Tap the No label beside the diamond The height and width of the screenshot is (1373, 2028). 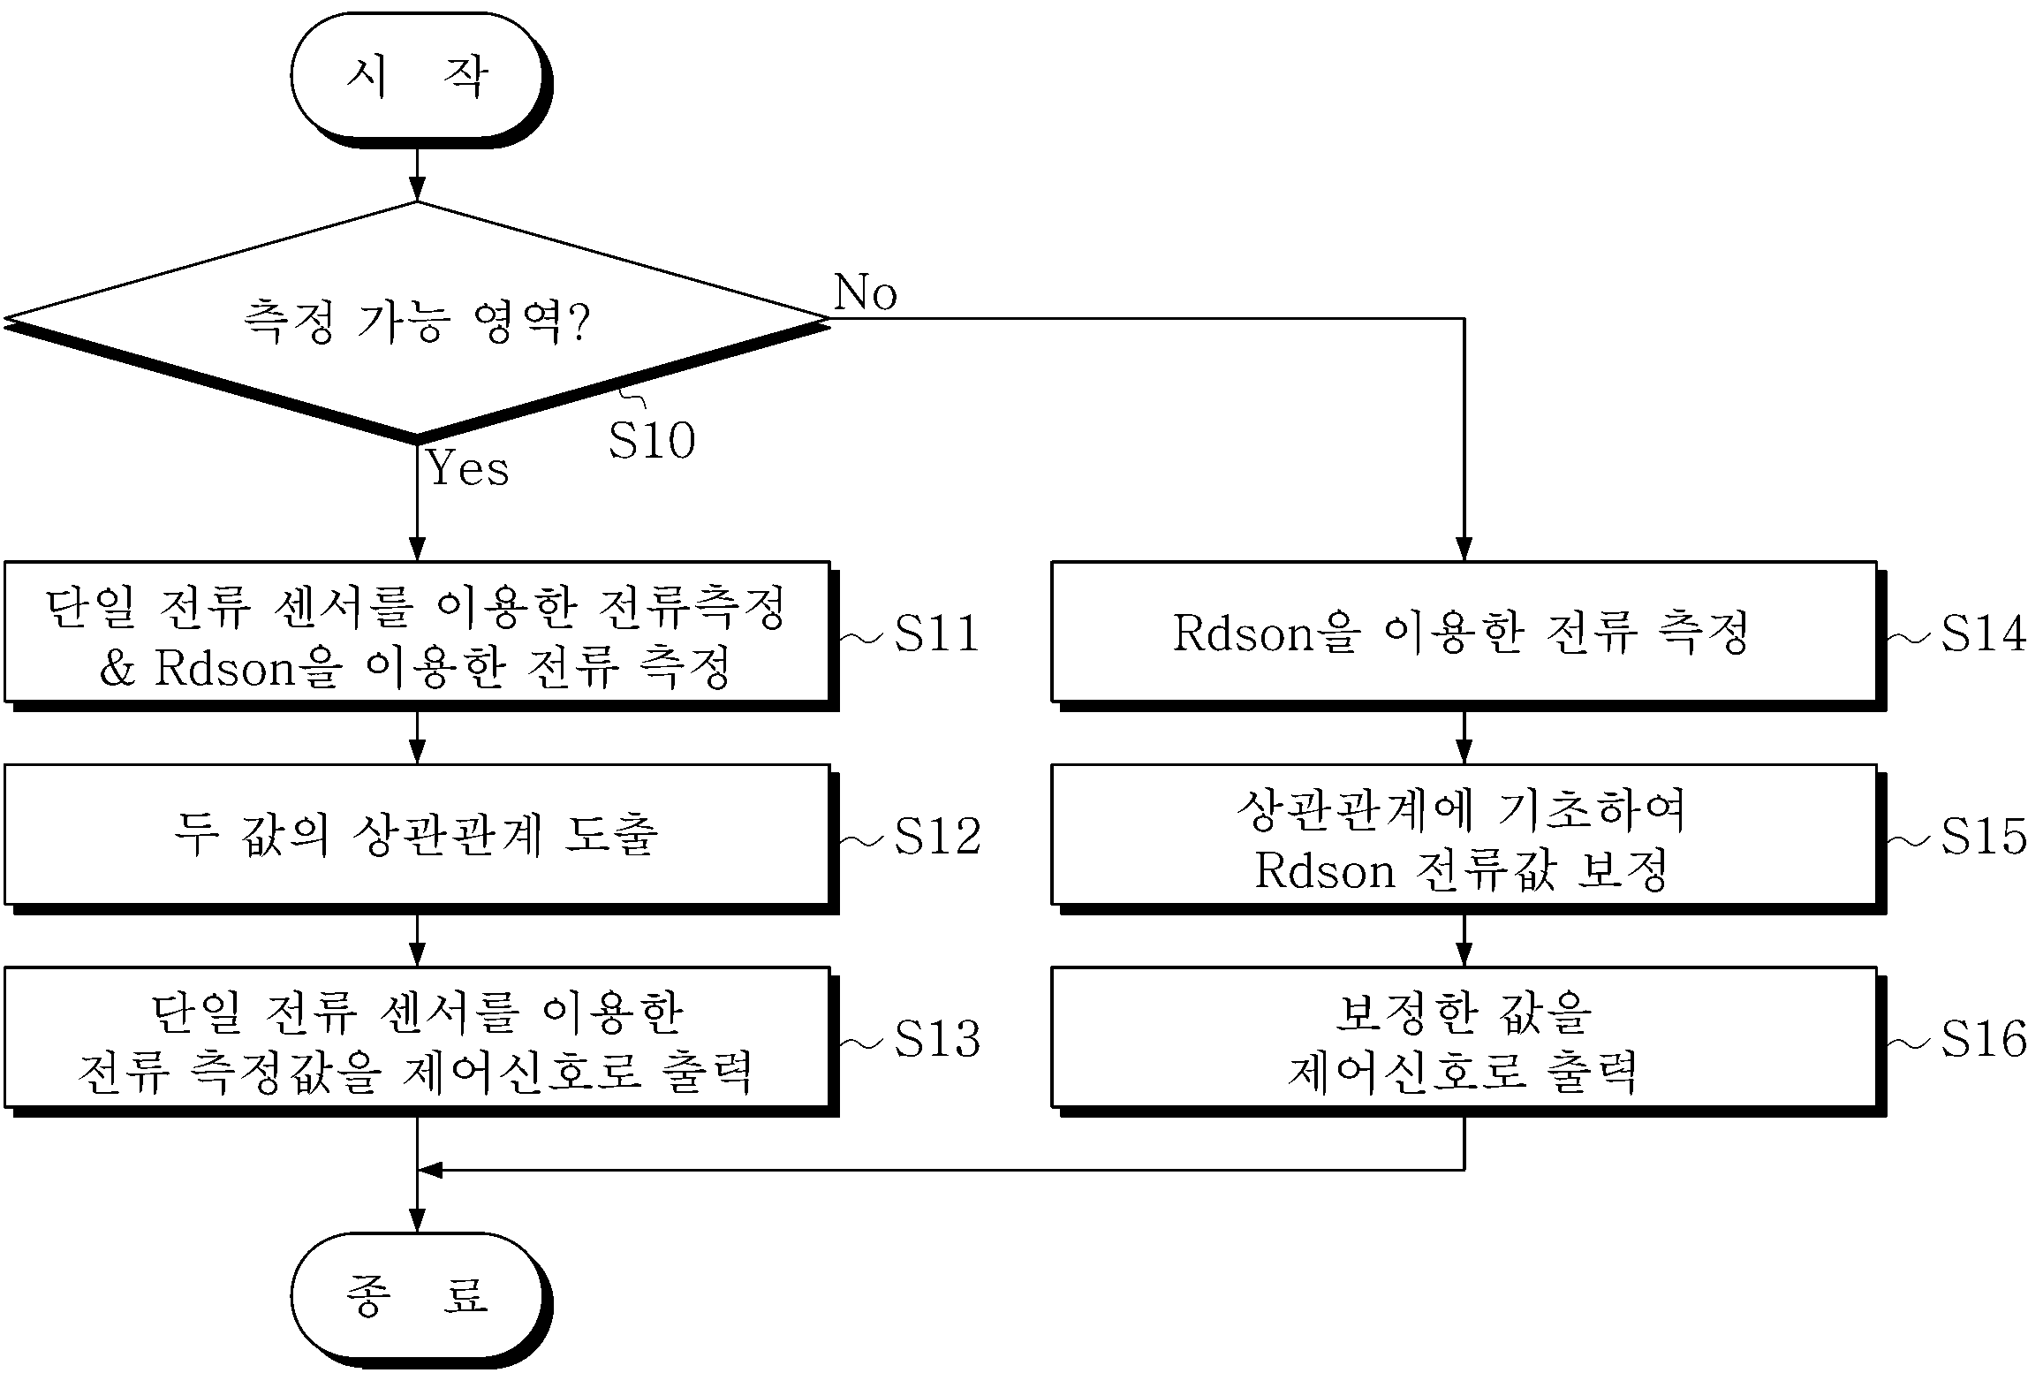coord(865,292)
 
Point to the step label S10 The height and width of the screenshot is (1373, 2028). coord(652,440)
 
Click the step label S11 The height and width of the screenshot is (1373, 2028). coord(937,633)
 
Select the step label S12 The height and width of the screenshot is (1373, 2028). coord(937,836)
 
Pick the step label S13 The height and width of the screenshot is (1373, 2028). coord(937,1039)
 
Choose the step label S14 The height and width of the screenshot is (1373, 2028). coord(1983,633)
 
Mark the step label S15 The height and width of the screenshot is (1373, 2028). coord(1983,836)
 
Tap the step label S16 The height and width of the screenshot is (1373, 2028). coord(1983,1039)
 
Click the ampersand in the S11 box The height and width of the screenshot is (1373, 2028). coord(117,669)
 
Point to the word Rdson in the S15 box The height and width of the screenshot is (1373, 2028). coord(1325,870)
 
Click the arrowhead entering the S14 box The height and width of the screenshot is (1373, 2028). coord(1464,549)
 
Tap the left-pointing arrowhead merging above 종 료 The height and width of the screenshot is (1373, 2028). coord(429,1170)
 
